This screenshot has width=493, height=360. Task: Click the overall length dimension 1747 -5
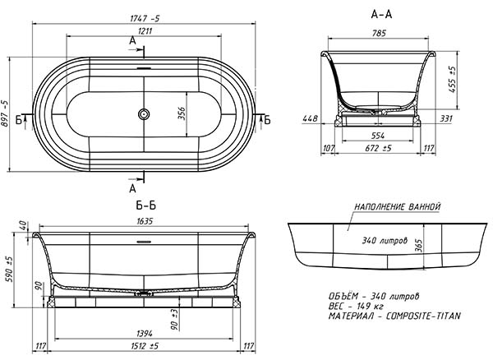145,19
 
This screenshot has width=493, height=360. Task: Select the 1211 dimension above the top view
145,30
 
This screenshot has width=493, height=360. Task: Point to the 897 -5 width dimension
5,113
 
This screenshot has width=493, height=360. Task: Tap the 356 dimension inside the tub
182,113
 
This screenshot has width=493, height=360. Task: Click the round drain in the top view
144,113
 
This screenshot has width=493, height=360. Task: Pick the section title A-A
381,14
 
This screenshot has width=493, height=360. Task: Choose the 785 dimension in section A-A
379,33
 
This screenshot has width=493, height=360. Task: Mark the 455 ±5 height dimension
452,79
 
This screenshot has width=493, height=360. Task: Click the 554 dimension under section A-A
378,136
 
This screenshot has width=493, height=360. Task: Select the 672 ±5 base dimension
378,148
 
